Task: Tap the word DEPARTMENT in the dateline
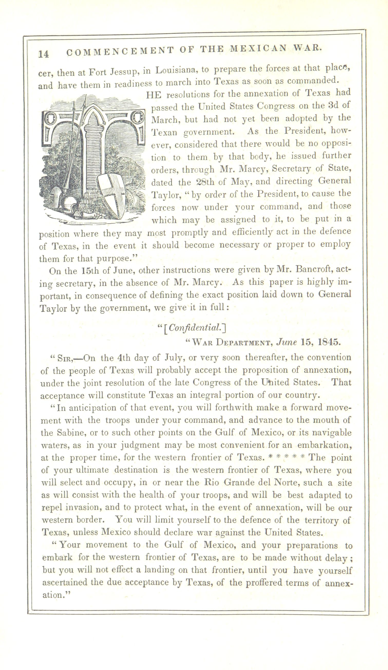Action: [244, 342]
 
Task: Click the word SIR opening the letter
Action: [64, 358]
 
